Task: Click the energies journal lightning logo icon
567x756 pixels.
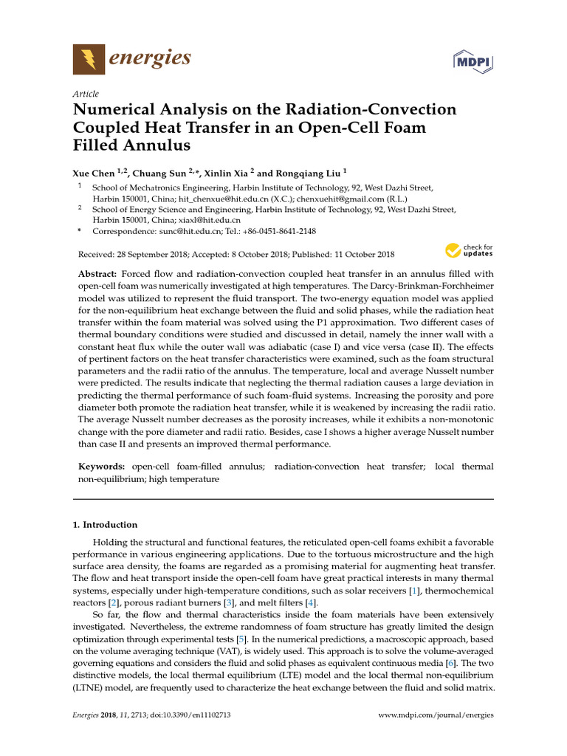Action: tap(89, 59)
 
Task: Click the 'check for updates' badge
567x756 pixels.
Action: tap(468, 251)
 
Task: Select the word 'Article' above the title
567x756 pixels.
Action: tap(86, 94)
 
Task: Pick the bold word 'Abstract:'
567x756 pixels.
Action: tap(97, 274)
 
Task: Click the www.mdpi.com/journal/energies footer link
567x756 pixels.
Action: tap(436, 715)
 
